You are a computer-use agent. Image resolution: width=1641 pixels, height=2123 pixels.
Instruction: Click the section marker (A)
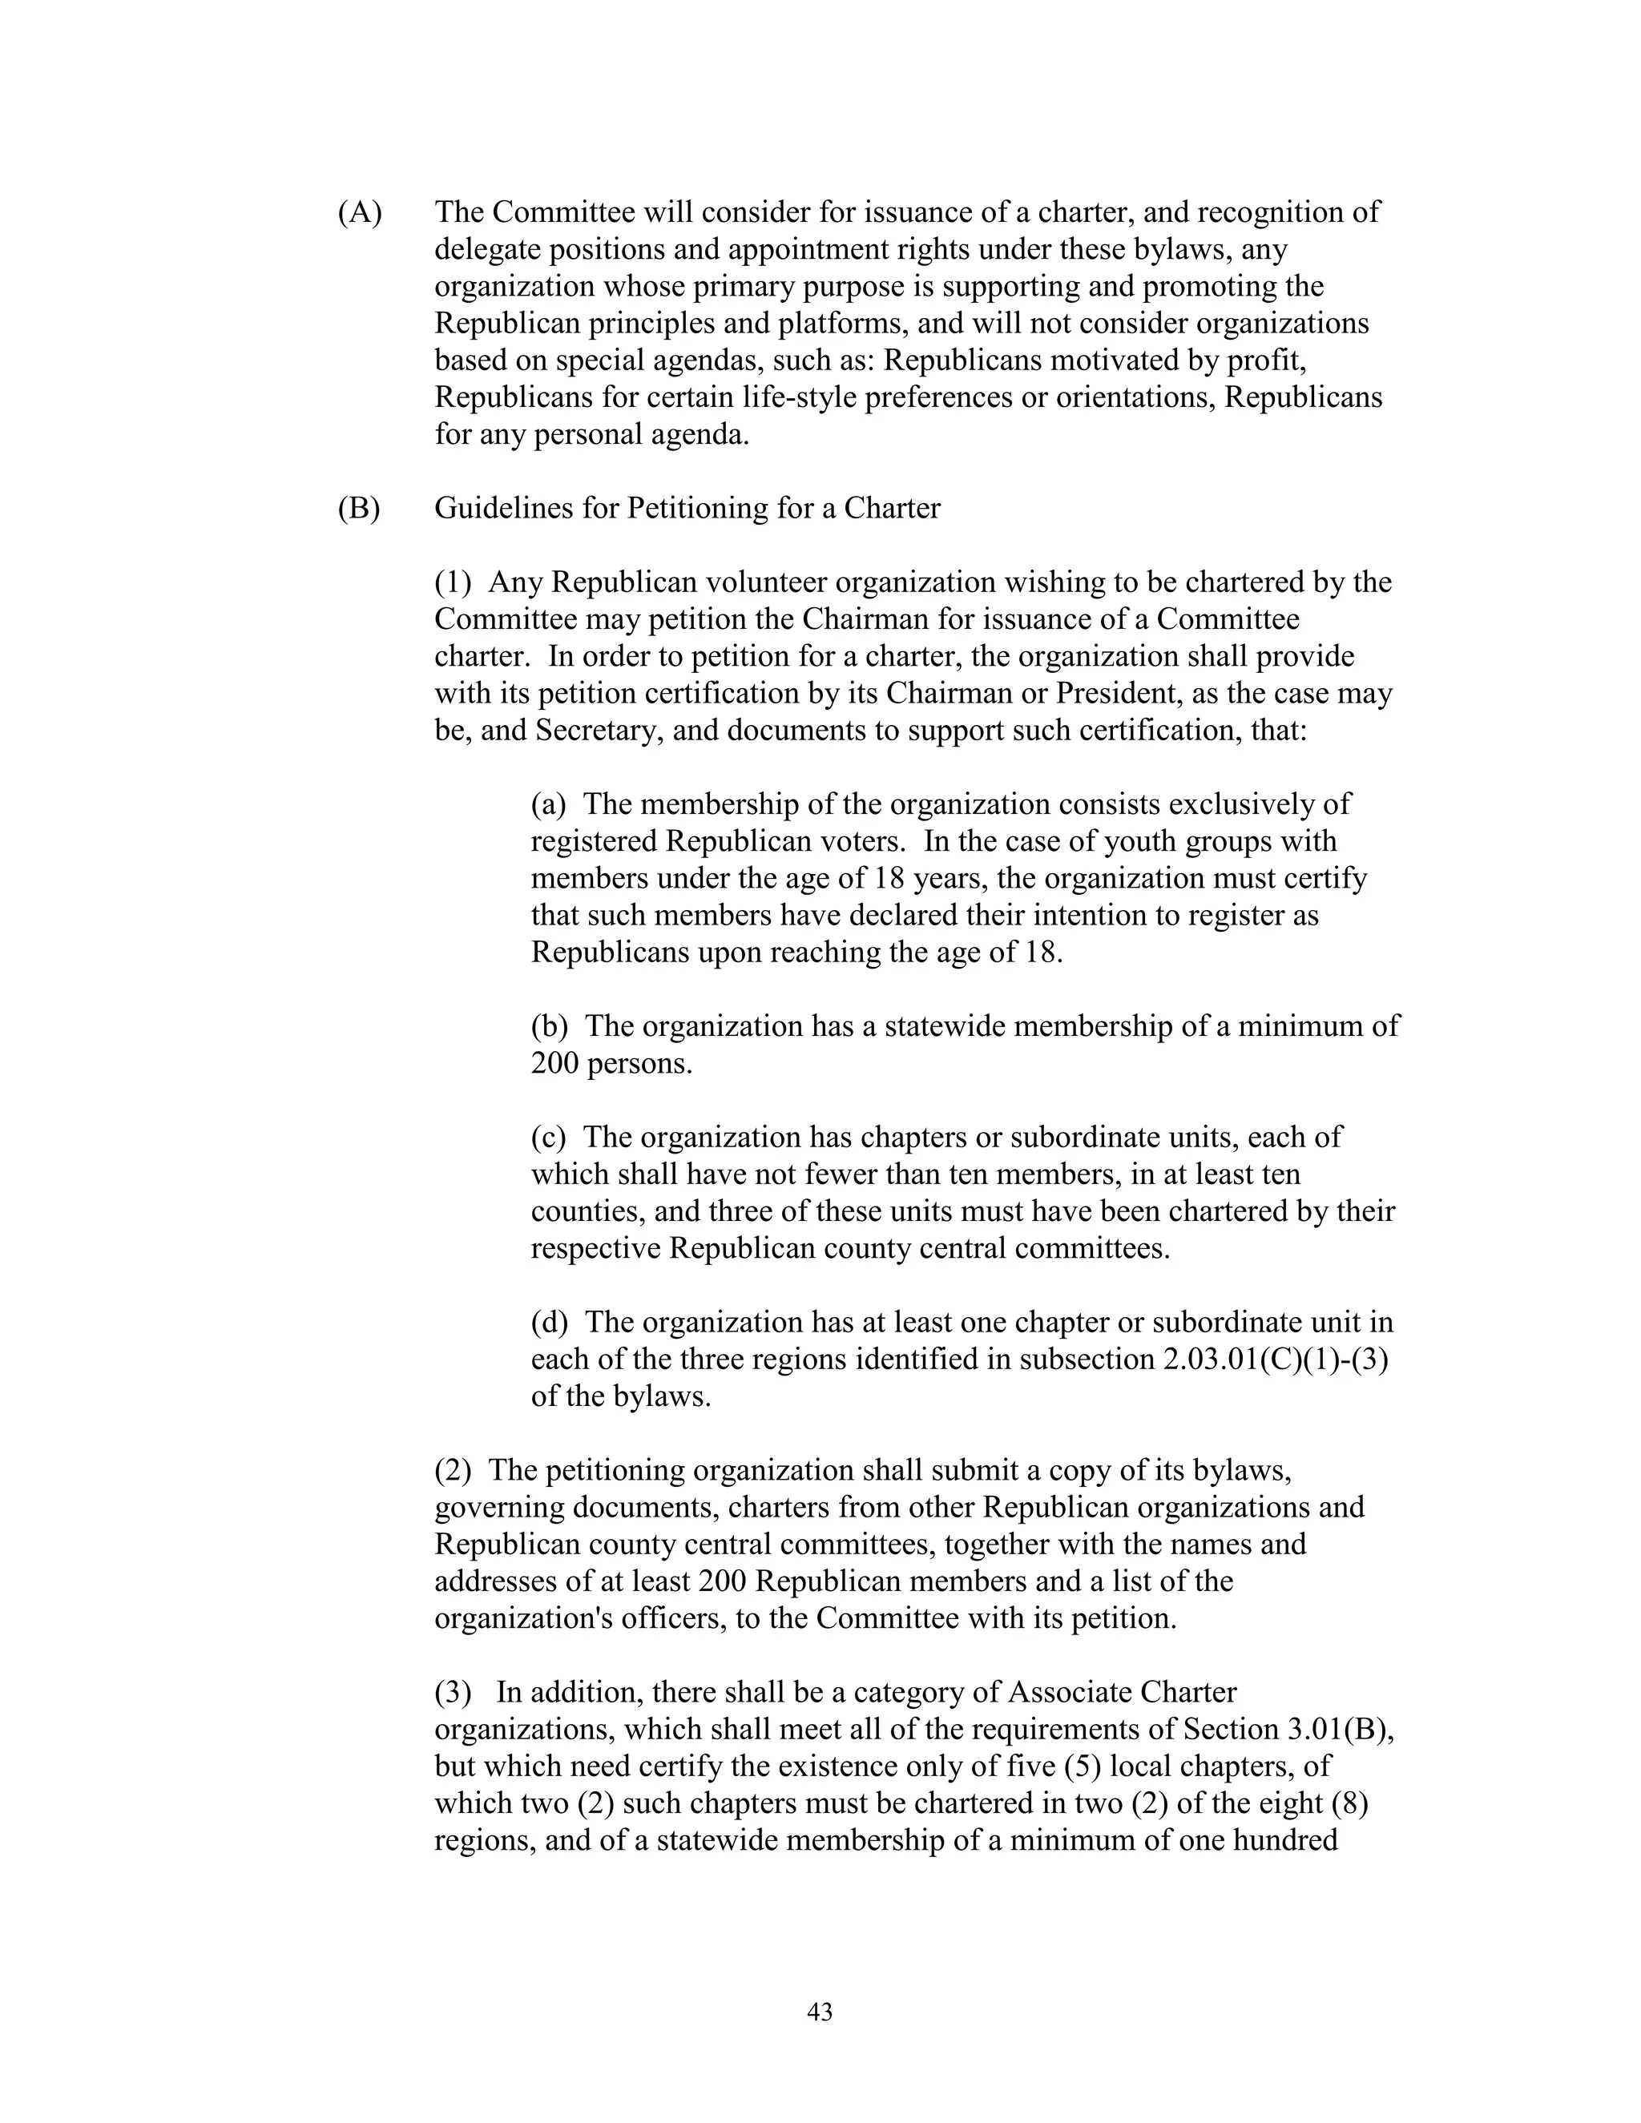pos(360,212)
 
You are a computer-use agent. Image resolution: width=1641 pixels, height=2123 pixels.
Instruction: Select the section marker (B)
pos(360,509)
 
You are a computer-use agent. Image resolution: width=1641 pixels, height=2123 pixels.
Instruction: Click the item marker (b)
pos(550,1026)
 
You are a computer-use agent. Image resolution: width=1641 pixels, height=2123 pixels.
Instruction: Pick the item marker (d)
pos(550,1323)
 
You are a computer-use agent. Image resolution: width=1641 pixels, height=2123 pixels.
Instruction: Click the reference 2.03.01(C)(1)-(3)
pos(1276,1360)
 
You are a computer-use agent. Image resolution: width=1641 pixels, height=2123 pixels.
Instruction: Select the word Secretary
pos(599,731)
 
